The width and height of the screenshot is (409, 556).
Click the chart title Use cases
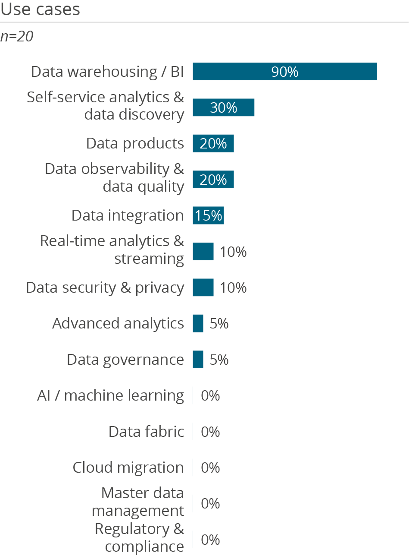(x=40, y=9)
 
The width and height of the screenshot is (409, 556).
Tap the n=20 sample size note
(x=17, y=37)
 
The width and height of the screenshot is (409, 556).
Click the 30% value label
(x=223, y=107)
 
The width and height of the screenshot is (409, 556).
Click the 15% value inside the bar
(x=209, y=215)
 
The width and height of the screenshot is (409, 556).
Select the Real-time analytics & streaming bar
(x=203, y=251)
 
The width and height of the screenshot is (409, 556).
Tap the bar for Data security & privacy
(x=203, y=287)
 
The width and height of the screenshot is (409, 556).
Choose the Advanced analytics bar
(x=198, y=323)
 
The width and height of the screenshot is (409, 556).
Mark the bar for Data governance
(x=198, y=360)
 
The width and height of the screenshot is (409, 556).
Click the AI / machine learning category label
(x=111, y=395)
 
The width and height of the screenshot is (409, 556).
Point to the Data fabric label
(x=146, y=432)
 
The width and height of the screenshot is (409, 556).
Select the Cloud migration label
(x=128, y=468)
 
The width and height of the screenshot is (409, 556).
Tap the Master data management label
(x=138, y=502)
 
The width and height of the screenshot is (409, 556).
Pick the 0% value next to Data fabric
(x=210, y=432)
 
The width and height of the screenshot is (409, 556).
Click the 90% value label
(x=285, y=72)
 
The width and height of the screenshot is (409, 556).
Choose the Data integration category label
(x=128, y=215)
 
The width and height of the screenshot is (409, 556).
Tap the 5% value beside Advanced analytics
(x=219, y=323)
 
